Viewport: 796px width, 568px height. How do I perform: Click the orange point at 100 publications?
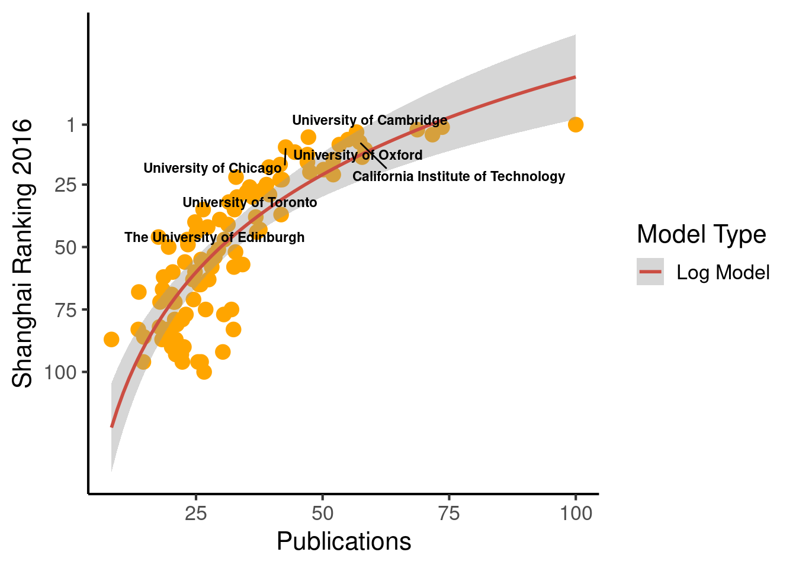point(575,124)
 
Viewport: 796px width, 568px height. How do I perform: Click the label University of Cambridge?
point(370,120)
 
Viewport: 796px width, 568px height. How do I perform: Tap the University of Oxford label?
point(358,155)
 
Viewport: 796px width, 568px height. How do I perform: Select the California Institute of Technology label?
point(458,176)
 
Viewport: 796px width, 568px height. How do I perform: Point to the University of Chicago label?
point(212,168)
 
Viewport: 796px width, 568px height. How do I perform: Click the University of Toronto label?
point(249,202)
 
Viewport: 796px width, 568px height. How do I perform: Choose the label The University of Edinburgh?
point(214,237)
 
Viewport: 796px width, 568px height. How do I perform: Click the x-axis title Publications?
point(344,541)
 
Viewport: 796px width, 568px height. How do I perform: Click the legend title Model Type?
point(701,234)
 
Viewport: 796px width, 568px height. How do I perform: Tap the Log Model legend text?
point(723,272)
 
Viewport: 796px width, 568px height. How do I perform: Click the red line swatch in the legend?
point(650,272)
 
